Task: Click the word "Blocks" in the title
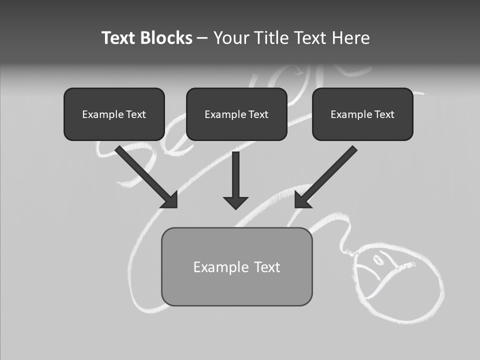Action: point(167,38)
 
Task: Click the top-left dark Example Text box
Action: point(114,114)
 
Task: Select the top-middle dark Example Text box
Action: point(236,114)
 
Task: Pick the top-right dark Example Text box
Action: point(362,114)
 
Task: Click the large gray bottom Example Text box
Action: point(236,266)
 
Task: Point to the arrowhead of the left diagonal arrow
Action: point(170,199)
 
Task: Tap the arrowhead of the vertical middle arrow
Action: point(236,202)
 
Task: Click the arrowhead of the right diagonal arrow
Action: point(302,199)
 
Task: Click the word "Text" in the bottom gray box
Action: point(267,267)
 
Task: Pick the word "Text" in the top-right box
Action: point(384,114)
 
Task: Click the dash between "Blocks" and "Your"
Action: point(202,38)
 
